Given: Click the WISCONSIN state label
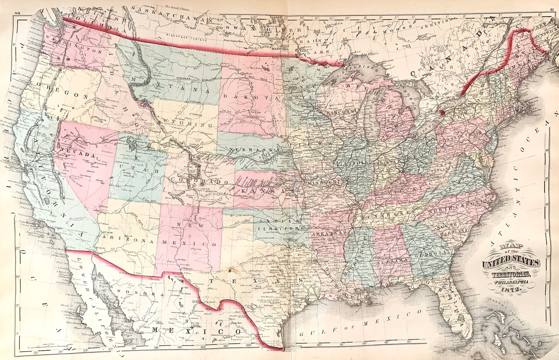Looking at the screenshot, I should click(x=344, y=113).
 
